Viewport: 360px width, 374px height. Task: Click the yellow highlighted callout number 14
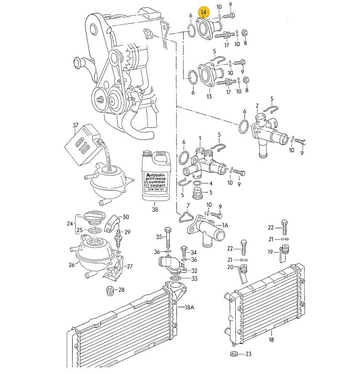point(204,12)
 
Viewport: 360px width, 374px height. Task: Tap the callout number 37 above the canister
point(76,125)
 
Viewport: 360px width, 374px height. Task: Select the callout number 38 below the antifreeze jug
point(155,209)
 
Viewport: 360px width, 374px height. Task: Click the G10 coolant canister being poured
point(82,145)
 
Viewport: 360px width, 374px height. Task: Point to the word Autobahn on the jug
point(155,175)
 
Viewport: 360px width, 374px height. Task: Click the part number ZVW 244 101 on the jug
point(155,189)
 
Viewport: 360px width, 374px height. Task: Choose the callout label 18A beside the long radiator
point(189,307)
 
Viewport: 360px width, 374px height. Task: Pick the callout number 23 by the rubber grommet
point(249,354)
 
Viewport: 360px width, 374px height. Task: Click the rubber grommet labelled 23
point(235,354)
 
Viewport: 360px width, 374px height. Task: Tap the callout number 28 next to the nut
point(121,290)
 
